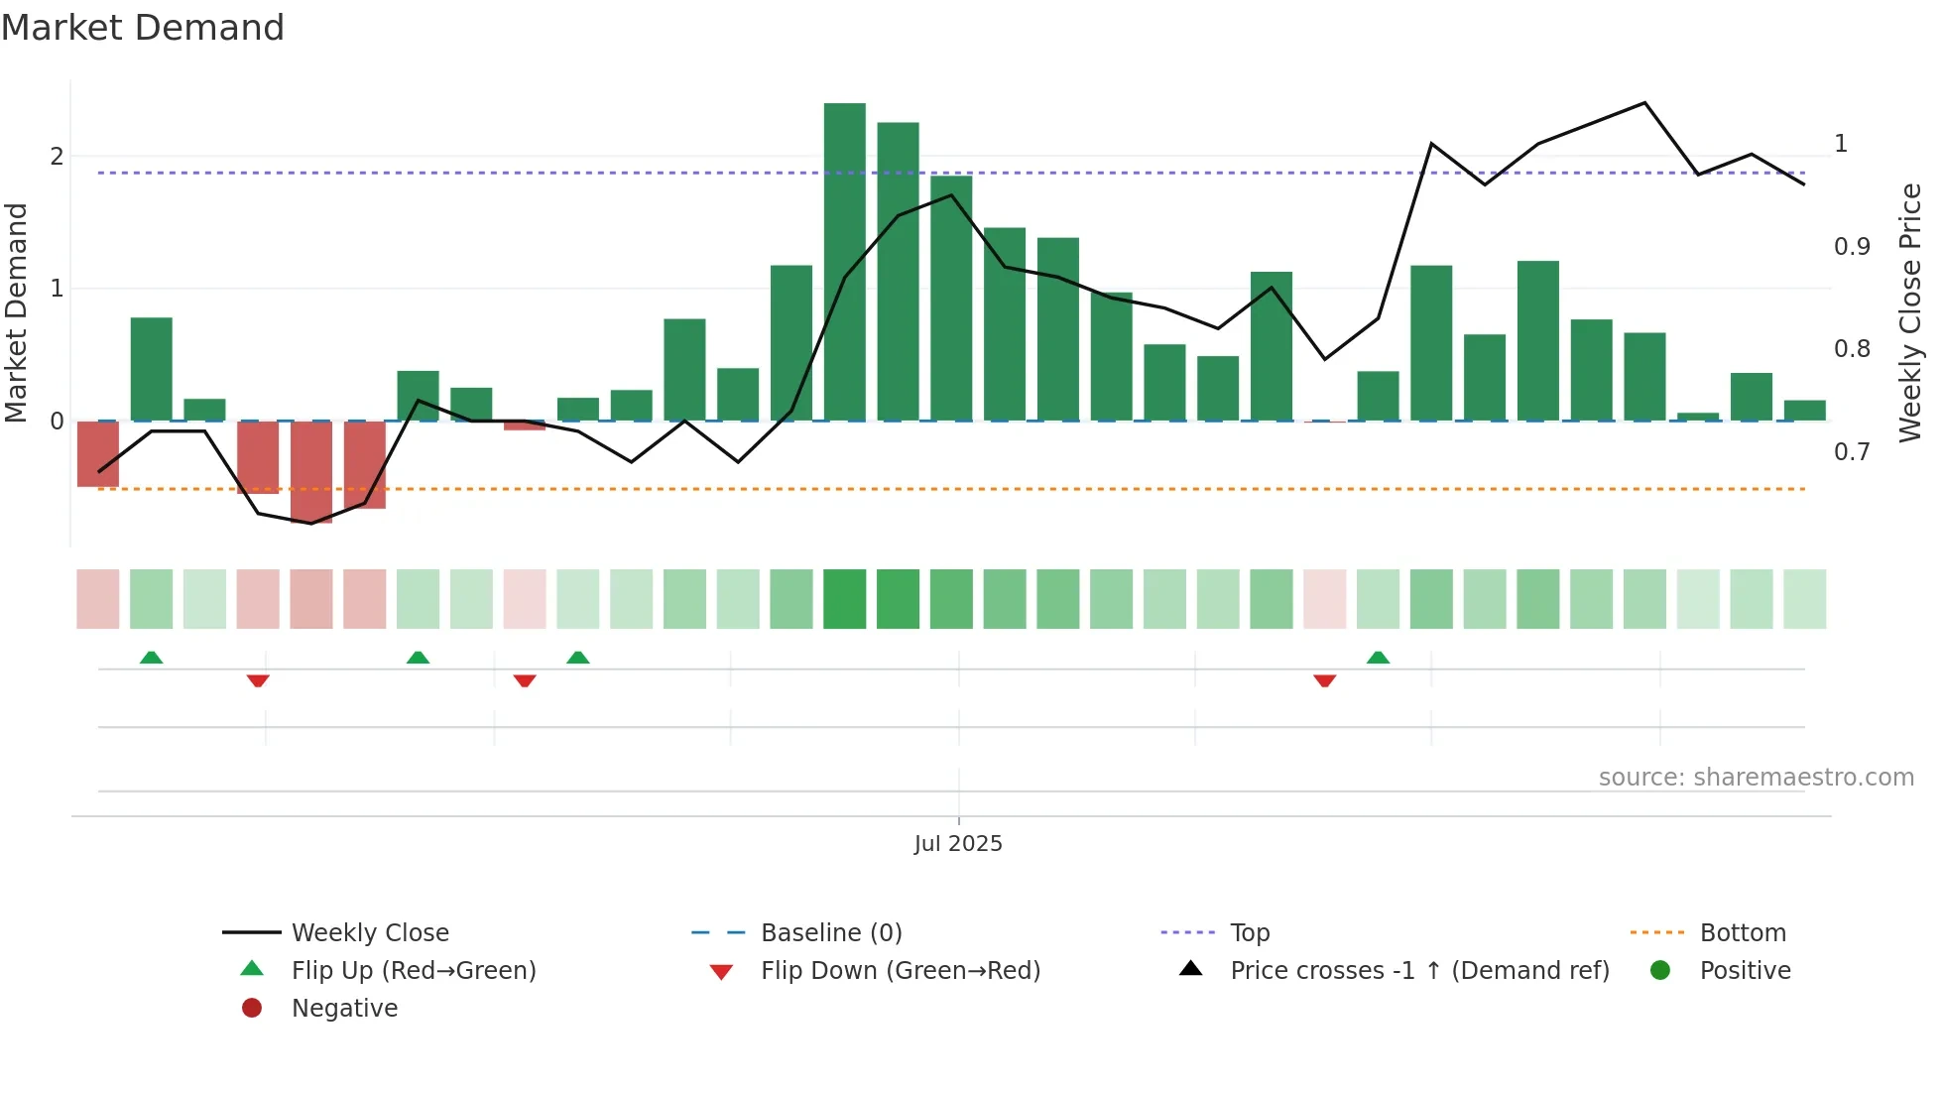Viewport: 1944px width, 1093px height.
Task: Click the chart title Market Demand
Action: [x=143, y=28]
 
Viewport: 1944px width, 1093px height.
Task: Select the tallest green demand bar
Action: [x=844, y=262]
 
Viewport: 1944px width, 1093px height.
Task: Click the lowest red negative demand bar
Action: [x=311, y=472]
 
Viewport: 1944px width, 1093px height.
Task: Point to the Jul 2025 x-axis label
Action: [x=958, y=844]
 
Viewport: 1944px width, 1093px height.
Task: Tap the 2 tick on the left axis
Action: [x=57, y=157]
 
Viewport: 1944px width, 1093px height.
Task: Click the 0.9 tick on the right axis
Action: [x=1852, y=247]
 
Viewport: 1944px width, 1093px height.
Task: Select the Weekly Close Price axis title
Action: [x=1909, y=312]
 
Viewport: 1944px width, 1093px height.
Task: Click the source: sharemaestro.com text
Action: [x=1756, y=778]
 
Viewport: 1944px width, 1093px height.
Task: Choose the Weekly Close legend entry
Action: [x=369, y=933]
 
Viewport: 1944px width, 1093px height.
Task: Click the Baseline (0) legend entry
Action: [x=830, y=933]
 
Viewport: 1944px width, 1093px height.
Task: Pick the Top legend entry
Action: [x=1249, y=933]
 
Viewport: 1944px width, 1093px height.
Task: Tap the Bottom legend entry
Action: [x=1742, y=933]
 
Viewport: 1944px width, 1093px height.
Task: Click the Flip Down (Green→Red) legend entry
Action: [x=900, y=971]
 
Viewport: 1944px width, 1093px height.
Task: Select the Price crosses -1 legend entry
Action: [x=1418, y=971]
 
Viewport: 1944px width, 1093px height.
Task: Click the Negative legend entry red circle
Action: [x=252, y=1009]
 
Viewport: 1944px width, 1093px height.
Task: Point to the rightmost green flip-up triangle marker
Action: [x=1378, y=658]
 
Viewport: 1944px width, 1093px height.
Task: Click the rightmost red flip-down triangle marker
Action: [x=1324, y=680]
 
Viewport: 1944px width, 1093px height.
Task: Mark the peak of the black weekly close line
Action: [x=1644, y=103]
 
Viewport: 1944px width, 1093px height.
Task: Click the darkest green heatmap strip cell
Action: [x=844, y=599]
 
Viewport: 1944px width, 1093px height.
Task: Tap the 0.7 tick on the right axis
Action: [x=1852, y=452]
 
